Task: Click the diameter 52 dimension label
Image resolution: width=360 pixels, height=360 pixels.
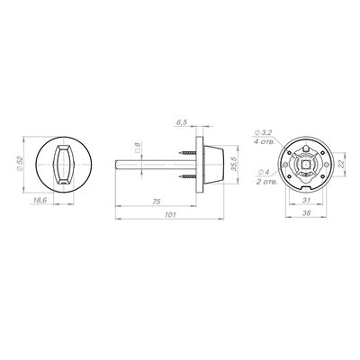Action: [20, 165]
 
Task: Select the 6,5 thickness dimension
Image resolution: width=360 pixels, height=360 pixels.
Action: [182, 122]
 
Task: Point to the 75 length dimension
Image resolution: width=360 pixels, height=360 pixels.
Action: [156, 202]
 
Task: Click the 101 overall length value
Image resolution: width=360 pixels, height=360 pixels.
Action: [170, 215]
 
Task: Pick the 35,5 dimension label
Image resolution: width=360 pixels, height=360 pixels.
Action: [236, 164]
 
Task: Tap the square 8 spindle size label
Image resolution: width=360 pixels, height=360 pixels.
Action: [138, 147]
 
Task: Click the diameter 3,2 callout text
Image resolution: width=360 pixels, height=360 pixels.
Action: [264, 132]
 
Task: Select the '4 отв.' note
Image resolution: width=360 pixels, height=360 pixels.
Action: [265, 141]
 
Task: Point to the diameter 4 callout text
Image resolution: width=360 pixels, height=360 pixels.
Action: [264, 172]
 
